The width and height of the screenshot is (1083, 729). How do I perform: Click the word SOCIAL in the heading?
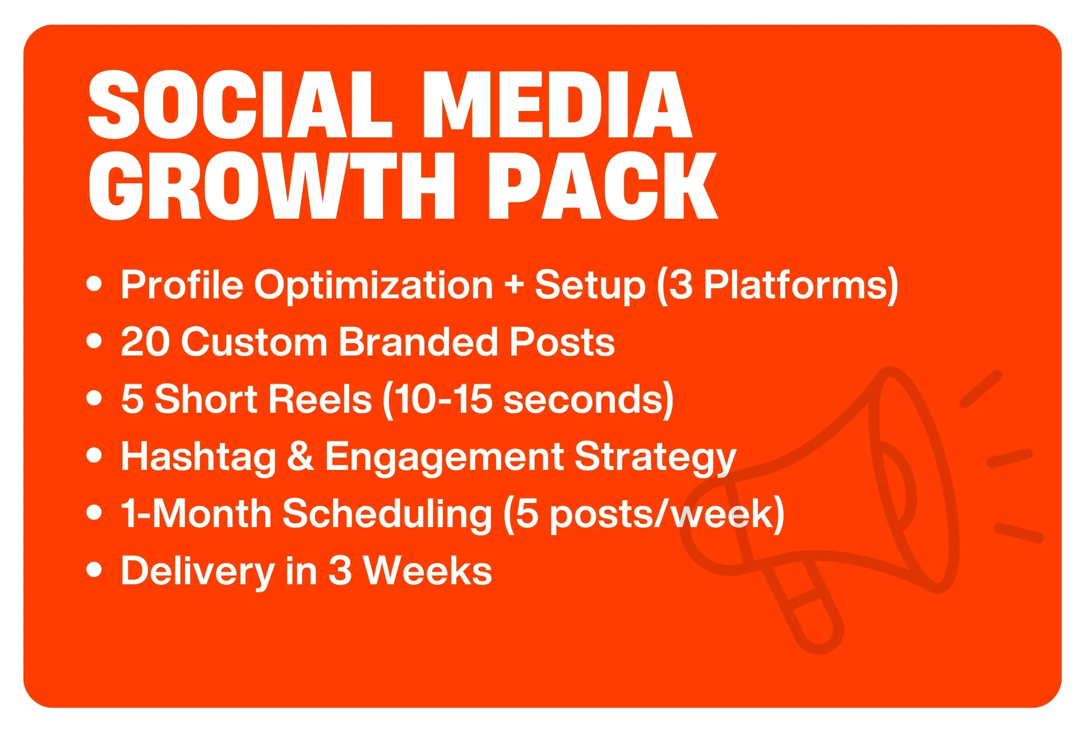click(240, 105)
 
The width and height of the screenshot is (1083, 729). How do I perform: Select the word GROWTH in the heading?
click(272, 186)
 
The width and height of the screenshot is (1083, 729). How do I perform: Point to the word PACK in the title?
click(603, 186)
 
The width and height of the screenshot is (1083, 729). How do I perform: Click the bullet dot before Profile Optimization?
click(95, 284)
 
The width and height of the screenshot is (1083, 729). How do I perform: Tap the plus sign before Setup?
click(514, 285)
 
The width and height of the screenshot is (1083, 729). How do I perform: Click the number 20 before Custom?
click(145, 342)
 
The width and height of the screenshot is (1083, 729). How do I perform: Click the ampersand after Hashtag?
click(300, 456)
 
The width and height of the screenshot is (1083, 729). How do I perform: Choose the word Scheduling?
click(387, 514)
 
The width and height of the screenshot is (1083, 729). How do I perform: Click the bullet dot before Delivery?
click(95, 570)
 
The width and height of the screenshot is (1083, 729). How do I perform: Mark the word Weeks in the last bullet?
click(428, 570)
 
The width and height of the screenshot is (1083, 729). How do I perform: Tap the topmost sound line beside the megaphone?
click(980, 389)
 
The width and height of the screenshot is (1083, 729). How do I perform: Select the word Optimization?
click(374, 285)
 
